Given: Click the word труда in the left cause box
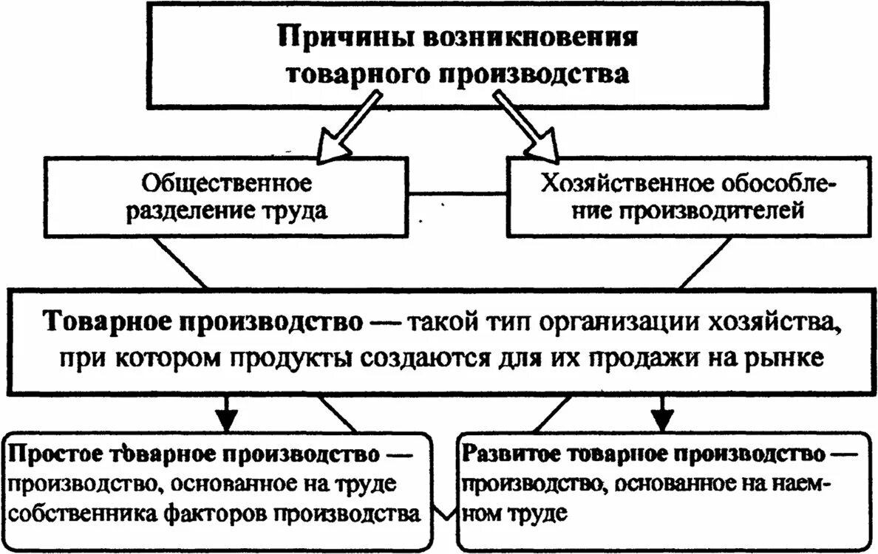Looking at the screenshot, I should (298, 211).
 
